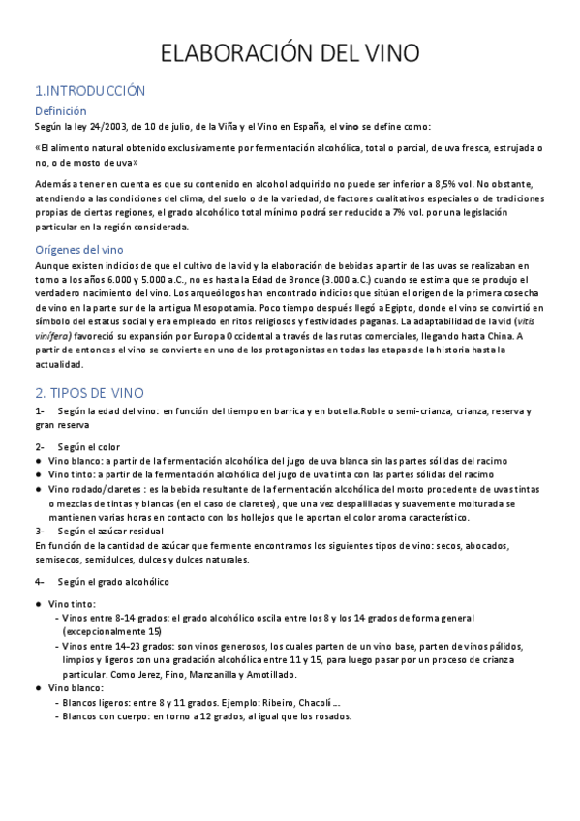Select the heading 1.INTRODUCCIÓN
click(x=89, y=91)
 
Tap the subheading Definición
click(x=60, y=111)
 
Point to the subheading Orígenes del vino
click(x=85, y=250)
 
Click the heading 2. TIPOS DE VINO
click(x=89, y=392)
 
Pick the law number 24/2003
click(x=102, y=127)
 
